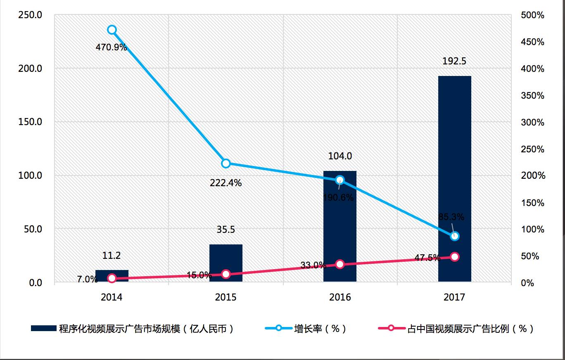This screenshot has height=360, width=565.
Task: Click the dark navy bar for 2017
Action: [x=454, y=165]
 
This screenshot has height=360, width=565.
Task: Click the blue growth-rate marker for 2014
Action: [x=112, y=30]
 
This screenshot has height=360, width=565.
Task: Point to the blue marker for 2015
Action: [x=226, y=163]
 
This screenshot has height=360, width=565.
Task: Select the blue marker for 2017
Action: [x=455, y=236]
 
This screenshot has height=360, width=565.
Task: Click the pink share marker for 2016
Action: [x=340, y=264]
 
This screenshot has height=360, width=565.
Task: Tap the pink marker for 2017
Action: [x=455, y=257]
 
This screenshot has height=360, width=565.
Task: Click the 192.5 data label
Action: [x=454, y=62]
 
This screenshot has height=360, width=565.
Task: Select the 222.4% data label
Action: [x=226, y=183]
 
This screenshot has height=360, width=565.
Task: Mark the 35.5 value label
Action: [x=226, y=230]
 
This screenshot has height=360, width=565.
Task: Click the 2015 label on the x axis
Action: [x=226, y=297]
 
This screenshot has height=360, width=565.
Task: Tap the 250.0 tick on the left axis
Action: [x=31, y=15]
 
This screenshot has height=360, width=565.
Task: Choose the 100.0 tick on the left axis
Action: [x=31, y=175]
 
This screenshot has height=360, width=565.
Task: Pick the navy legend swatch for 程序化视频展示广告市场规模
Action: [x=43, y=329]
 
